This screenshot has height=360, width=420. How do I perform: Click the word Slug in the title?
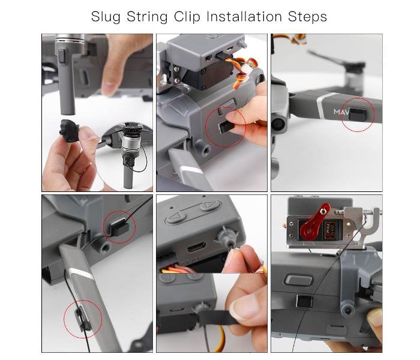[x=106, y=17]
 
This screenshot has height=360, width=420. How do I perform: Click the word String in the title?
[x=147, y=17]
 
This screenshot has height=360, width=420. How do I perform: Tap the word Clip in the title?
[x=187, y=17]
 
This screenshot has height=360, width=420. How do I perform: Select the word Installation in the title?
[x=244, y=17]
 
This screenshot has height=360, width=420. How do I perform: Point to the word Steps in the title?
[x=307, y=17]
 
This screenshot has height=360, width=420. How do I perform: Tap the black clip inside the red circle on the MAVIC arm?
[x=358, y=114]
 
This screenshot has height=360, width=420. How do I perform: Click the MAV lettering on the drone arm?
[x=341, y=112]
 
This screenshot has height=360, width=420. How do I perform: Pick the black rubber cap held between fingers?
[x=70, y=131]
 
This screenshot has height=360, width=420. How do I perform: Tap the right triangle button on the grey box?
[x=209, y=206]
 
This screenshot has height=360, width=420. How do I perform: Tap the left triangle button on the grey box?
[x=176, y=217]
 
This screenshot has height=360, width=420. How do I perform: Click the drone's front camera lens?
[x=278, y=124]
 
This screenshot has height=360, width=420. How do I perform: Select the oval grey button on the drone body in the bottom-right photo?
[x=299, y=280]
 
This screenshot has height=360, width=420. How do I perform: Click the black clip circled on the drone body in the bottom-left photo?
[x=119, y=227]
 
